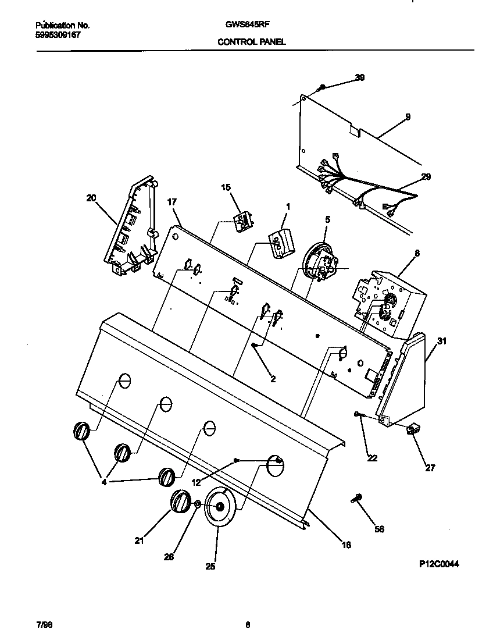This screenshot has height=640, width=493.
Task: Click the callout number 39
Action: click(360, 78)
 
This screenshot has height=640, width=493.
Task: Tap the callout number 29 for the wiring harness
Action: click(426, 177)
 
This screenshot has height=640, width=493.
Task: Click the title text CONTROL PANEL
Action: click(252, 42)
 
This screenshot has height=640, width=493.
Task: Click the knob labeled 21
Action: click(180, 502)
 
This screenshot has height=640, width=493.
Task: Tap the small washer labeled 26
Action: click(198, 504)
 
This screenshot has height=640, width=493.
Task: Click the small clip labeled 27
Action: click(413, 430)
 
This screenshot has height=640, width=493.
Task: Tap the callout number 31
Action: click(442, 342)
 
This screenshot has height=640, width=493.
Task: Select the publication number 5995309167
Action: click(58, 35)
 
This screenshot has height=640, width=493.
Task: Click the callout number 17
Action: click(172, 203)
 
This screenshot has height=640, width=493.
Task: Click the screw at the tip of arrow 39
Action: click(321, 87)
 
